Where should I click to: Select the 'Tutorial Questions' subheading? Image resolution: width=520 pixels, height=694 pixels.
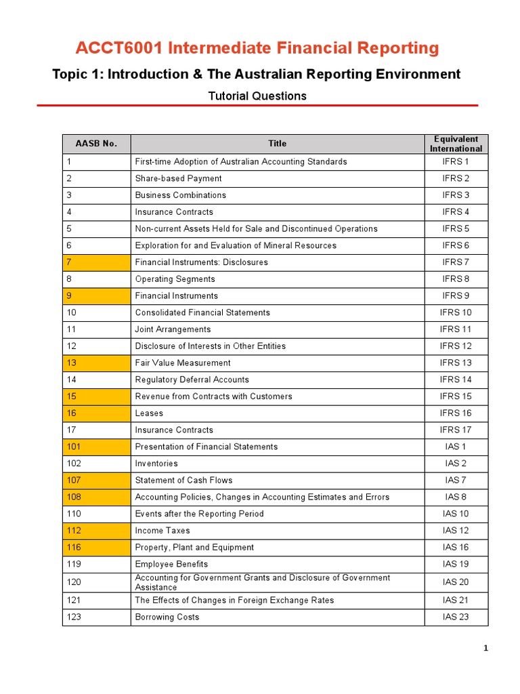click(257, 96)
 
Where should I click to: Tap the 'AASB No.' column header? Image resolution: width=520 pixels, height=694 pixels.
click(96, 144)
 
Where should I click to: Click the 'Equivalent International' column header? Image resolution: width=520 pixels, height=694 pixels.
click(456, 144)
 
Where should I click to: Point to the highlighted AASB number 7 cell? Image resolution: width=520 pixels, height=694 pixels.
click(96, 262)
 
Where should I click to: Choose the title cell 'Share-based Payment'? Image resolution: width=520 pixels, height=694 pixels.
click(178, 178)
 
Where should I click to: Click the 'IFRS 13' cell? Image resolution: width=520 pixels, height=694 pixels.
click(456, 363)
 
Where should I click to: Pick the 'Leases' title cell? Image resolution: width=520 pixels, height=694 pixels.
click(149, 413)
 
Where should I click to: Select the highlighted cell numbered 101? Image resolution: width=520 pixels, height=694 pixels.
click(96, 447)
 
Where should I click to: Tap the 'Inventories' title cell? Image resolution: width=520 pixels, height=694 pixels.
click(156, 464)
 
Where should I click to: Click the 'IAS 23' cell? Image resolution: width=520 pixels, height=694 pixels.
click(456, 617)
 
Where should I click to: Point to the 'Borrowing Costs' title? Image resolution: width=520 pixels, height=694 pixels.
click(167, 617)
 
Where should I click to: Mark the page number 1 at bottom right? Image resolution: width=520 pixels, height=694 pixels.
click(485, 649)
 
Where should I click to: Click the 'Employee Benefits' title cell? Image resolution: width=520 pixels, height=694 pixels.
click(171, 564)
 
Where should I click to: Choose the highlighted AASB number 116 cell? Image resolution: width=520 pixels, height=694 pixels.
click(96, 547)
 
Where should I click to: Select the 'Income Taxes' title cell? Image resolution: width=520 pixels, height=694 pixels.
click(162, 531)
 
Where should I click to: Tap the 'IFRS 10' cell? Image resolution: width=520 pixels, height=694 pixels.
click(456, 312)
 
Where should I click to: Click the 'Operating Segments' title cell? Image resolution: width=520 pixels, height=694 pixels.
click(175, 279)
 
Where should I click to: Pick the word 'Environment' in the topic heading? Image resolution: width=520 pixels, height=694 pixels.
click(416, 74)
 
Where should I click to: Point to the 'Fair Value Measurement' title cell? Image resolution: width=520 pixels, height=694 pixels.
click(183, 363)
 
